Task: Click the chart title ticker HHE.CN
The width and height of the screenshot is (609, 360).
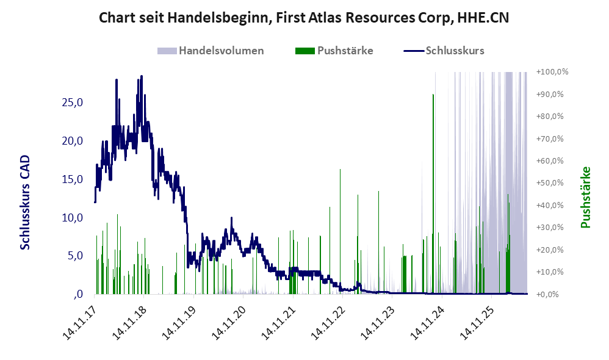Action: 483,18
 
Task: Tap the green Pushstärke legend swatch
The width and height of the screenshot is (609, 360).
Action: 305,51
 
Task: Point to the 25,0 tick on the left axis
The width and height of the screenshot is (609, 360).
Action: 72,103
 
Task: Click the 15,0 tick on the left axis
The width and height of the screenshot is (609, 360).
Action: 72,179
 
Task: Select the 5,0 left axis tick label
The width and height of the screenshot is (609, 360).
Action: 75,256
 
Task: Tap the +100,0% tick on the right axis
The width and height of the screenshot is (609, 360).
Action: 552,72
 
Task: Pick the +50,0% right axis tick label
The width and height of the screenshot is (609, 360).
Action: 550,183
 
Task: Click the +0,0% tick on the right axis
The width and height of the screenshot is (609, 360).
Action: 547,294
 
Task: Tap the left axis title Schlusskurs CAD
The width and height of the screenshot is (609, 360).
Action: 25,203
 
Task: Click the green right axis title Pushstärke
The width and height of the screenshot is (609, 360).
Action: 585,197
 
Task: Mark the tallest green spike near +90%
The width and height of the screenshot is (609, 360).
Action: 433,193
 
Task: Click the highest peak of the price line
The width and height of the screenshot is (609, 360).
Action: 142,76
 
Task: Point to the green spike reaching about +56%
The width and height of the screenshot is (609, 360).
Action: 341,231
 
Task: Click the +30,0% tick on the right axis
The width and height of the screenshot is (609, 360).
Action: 550,228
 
